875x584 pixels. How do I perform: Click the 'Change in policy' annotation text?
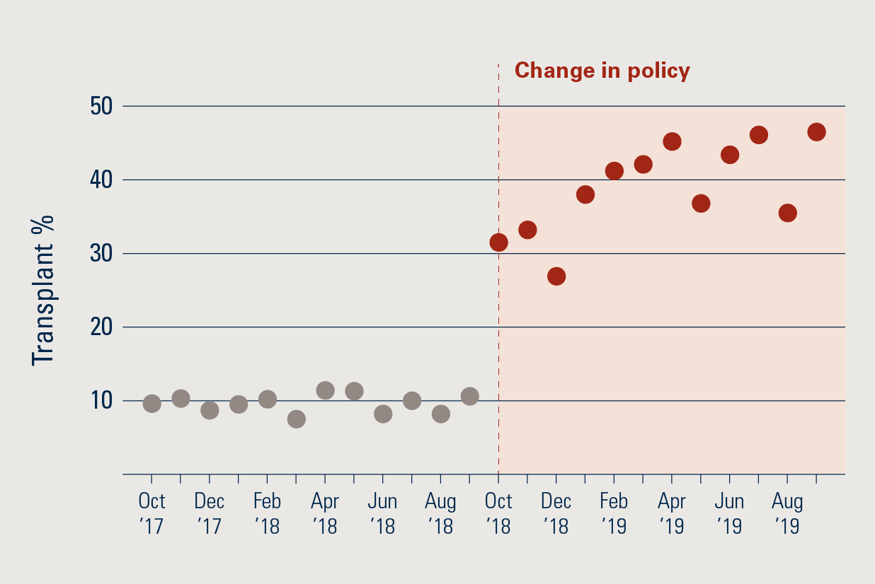point(602,71)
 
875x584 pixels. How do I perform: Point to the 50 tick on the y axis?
point(101,107)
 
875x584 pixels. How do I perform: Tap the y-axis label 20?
point(101,327)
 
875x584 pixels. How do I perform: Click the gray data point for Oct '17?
point(151,403)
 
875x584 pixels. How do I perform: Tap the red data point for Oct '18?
point(498,243)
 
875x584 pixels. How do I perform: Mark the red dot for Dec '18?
point(556,276)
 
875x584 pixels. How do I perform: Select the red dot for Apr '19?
point(672,141)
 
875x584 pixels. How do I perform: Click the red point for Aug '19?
point(787,213)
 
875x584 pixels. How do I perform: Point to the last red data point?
point(816,132)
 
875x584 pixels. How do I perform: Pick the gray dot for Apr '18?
point(325,390)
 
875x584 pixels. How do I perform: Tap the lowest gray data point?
point(297,419)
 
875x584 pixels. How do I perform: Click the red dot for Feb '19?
point(614,171)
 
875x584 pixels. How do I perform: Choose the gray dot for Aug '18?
point(440,414)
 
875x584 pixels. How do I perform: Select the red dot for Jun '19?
point(730,155)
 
